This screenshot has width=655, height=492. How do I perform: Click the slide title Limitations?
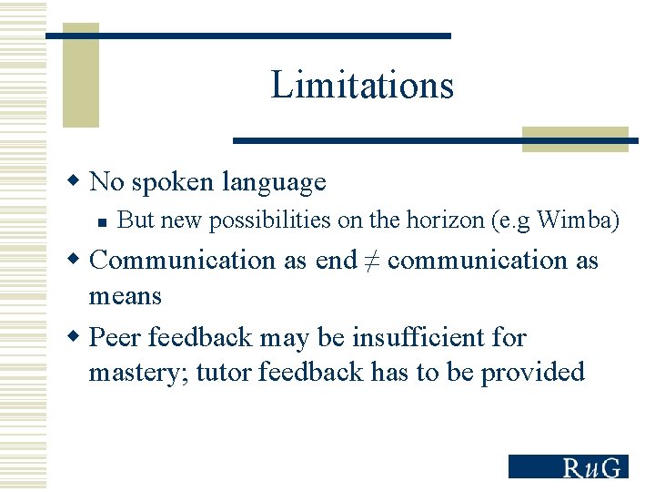pos(361,86)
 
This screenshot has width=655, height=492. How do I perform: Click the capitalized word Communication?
pos(183,260)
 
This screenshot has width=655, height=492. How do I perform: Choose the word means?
pos(125,296)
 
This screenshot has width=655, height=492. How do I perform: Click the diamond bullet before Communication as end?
pos(76,259)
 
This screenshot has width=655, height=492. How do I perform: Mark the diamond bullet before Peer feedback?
pos(76,336)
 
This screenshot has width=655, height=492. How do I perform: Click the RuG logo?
pos(568,466)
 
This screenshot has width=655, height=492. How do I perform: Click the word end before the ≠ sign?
pos(336,260)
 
